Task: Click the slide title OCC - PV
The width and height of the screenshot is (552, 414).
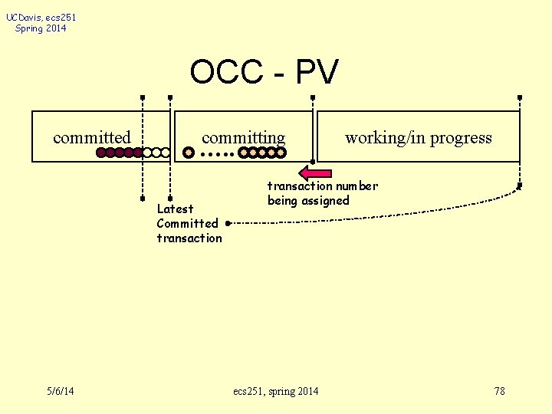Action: pyautogui.click(x=264, y=73)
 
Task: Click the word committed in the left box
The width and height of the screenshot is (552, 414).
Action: pyautogui.click(x=92, y=138)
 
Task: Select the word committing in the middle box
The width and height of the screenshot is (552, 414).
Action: pyautogui.click(x=243, y=138)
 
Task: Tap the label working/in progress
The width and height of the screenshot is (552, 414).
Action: pyautogui.click(x=418, y=138)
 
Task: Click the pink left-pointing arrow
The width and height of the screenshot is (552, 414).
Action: pyautogui.click(x=315, y=172)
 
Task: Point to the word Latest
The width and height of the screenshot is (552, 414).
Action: pyautogui.click(x=175, y=209)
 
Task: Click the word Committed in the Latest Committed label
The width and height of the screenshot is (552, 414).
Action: pyautogui.click(x=187, y=223)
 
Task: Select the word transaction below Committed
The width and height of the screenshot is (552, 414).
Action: pyautogui.click(x=189, y=238)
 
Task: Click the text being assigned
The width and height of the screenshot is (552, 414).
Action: pyautogui.click(x=308, y=201)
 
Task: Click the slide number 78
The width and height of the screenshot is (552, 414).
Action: pyautogui.click(x=499, y=391)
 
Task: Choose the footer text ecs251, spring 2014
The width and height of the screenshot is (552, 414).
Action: pyautogui.click(x=275, y=391)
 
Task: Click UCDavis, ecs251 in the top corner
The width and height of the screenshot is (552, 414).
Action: pyautogui.click(x=41, y=17)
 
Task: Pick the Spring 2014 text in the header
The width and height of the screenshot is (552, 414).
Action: pyautogui.click(x=41, y=28)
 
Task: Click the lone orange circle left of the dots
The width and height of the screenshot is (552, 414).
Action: pyautogui.click(x=189, y=153)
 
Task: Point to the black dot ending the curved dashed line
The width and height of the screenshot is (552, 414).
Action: pyautogui.click(x=228, y=224)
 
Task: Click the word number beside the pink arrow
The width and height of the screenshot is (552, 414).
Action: pyautogui.click(x=357, y=186)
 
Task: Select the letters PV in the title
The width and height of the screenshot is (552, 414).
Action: pyautogui.click(x=316, y=73)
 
